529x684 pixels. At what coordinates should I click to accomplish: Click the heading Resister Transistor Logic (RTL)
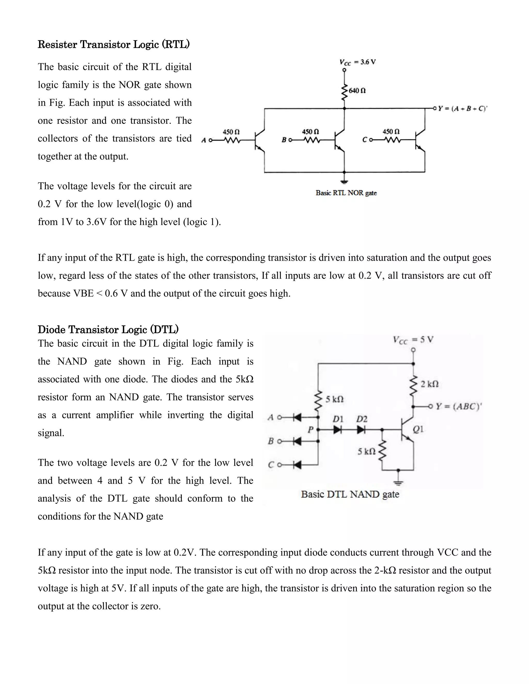click(113, 44)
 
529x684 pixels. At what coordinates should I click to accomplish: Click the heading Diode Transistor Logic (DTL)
click(108, 329)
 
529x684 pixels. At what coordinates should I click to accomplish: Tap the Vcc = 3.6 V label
click(357, 62)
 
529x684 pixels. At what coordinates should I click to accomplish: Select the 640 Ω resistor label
click(357, 91)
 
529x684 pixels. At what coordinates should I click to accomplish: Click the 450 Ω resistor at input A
click(232, 140)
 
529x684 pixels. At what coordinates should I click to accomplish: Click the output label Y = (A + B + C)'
click(462, 109)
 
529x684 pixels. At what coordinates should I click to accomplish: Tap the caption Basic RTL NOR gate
click(346, 193)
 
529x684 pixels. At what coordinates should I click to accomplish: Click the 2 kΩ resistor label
click(429, 384)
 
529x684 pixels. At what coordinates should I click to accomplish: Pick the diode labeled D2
click(361, 430)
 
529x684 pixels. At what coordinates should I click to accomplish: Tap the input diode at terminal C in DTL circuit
click(297, 465)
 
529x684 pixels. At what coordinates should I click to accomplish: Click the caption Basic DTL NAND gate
click(350, 494)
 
